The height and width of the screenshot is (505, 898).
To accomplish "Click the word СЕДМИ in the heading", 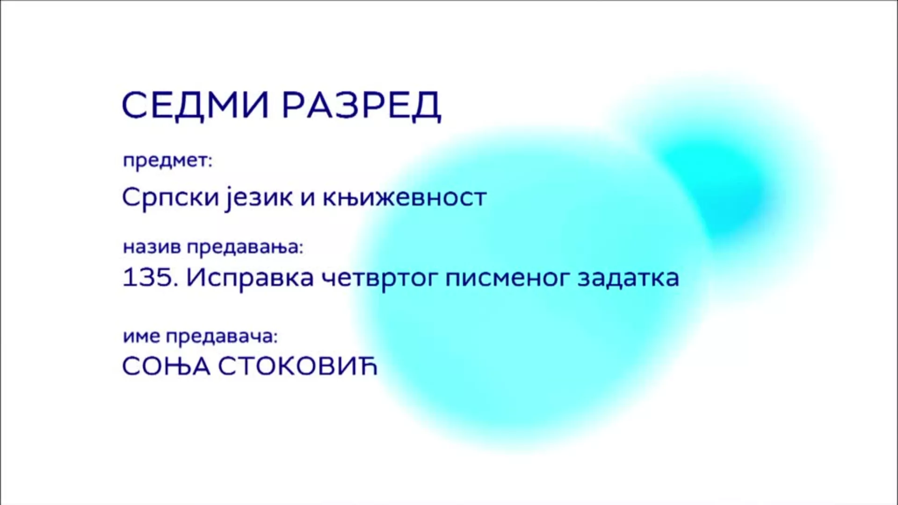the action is (x=195, y=105).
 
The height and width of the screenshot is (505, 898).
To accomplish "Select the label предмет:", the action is (x=167, y=161).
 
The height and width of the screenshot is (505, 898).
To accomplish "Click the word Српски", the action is (x=170, y=197).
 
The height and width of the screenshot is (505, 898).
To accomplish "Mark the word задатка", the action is (x=629, y=278).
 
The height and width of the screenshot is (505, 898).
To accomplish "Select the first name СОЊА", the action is (x=166, y=367).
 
